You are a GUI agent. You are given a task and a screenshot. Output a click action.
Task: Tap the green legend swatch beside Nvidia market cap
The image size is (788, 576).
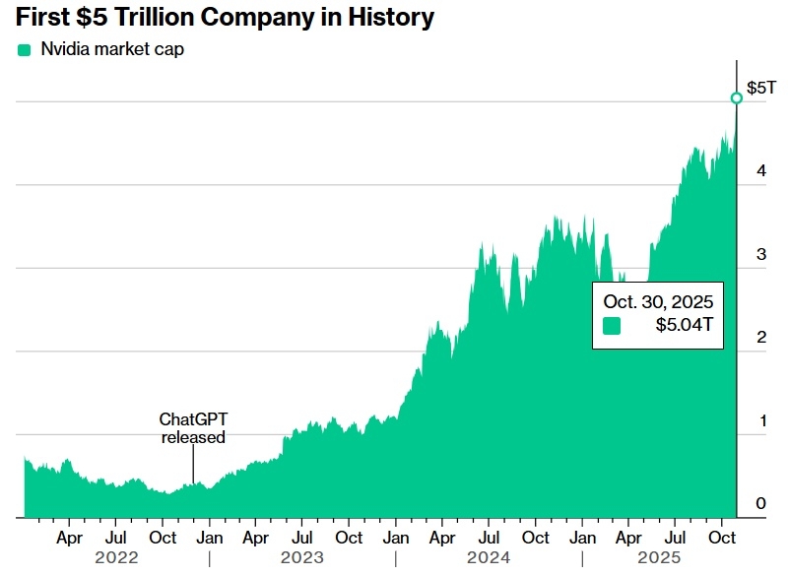click(24, 49)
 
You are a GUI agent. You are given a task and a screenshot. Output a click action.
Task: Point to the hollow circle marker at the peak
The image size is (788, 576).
click(736, 97)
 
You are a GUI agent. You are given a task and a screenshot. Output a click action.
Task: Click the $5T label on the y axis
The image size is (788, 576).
click(760, 89)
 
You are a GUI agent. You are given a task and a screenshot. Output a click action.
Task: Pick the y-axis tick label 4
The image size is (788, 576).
click(760, 171)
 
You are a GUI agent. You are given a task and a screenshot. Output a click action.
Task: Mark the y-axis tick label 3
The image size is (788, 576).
click(760, 254)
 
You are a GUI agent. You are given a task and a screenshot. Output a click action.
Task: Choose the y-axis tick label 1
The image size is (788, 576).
click(760, 421)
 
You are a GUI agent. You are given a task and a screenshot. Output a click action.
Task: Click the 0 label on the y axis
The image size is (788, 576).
click(760, 504)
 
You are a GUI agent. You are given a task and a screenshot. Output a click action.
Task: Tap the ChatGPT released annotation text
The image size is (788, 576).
click(193, 428)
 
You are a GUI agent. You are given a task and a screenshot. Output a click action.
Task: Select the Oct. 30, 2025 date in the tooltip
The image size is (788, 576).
click(658, 301)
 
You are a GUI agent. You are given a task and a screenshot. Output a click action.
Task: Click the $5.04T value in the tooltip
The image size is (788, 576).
click(684, 326)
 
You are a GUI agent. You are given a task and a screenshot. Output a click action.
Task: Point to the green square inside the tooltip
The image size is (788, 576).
click(613, 326)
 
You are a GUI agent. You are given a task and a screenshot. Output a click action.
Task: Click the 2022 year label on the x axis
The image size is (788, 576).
click(115, 558)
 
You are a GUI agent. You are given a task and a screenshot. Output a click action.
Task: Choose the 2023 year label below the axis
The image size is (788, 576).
click(301, 558)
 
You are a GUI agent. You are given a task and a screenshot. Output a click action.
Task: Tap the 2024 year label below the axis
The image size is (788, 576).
click(488, 558)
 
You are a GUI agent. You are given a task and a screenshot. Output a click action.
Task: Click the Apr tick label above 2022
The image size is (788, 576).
click(69, 538)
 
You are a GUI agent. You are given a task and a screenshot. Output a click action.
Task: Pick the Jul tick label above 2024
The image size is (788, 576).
click(489, 538)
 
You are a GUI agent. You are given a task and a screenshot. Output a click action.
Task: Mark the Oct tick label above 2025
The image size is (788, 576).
click(722, 538)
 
